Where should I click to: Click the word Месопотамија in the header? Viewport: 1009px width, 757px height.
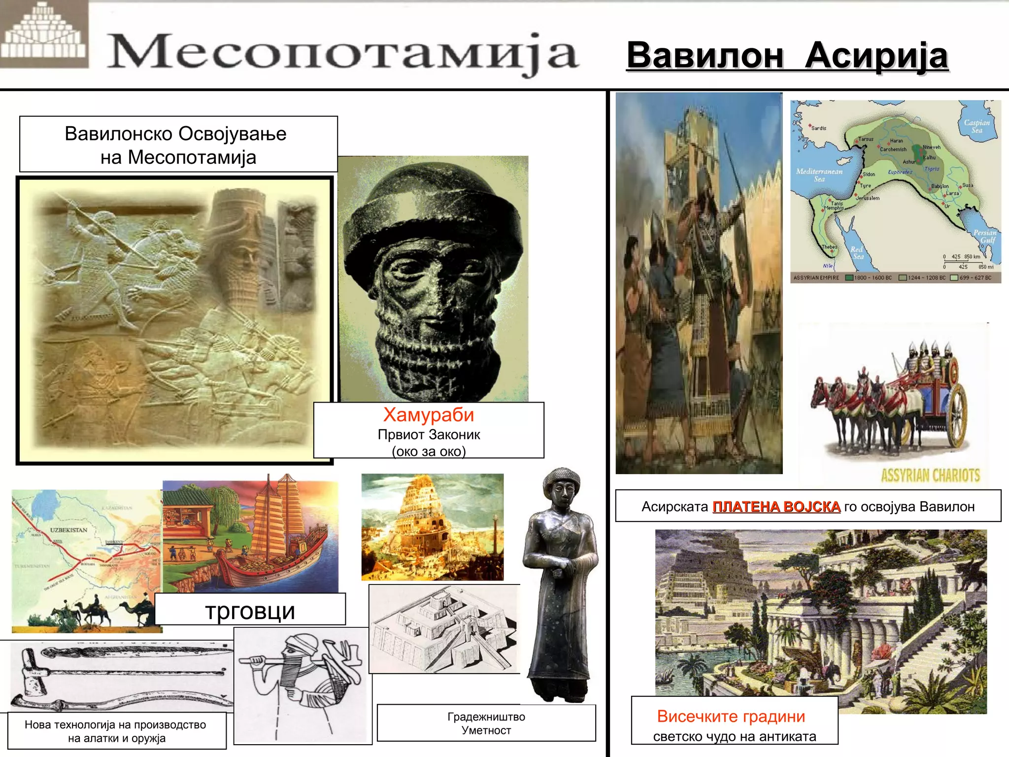tap(342, 52)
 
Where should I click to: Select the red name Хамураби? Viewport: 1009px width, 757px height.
tap(428, 415)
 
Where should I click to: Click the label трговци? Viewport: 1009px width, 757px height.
tap(250, 611)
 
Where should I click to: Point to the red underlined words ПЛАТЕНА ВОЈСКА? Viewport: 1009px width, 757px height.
tap(776, 507)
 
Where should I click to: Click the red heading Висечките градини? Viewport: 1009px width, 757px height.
tap(731, 716)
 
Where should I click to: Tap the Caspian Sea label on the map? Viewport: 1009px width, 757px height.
tap(976, 126)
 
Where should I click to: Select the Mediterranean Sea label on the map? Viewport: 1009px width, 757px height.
tap(819, 175)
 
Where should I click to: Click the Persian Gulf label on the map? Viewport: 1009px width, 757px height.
tap(984, 236)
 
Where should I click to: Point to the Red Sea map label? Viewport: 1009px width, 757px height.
tap(857, 252)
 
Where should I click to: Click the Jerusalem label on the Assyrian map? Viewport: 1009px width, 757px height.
tap(868, 198)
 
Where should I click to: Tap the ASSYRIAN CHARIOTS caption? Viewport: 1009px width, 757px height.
tap(930, 475)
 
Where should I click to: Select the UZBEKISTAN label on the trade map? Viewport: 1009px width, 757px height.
tap(68, 530)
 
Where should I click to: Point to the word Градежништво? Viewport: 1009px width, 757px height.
tap(486, 717)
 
